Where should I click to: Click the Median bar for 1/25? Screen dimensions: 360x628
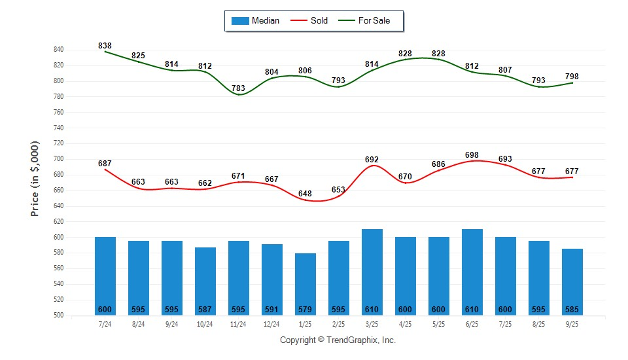point(305,281)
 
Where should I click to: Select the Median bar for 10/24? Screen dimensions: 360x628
point(205,278)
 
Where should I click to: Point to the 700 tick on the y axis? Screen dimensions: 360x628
point(58,159)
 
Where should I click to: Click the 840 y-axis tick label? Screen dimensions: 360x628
point(58,50)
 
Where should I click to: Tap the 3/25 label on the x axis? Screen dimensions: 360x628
point(372,324)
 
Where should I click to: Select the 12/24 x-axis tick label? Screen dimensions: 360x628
point(272,324)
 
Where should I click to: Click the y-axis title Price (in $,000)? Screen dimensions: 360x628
point(35,179)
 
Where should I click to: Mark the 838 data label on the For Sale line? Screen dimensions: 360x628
point(105,46)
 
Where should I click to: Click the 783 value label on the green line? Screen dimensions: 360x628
point(238,88)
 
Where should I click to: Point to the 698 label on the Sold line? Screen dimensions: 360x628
point(472,154)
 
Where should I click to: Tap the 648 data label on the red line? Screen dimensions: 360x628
point(305,194)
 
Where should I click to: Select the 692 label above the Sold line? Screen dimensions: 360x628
point(372,159)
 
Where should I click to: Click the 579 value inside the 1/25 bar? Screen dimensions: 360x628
point(305,310)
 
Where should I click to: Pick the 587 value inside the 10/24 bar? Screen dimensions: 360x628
point(205,310)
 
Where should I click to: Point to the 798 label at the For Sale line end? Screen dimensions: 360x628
point(572,77)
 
